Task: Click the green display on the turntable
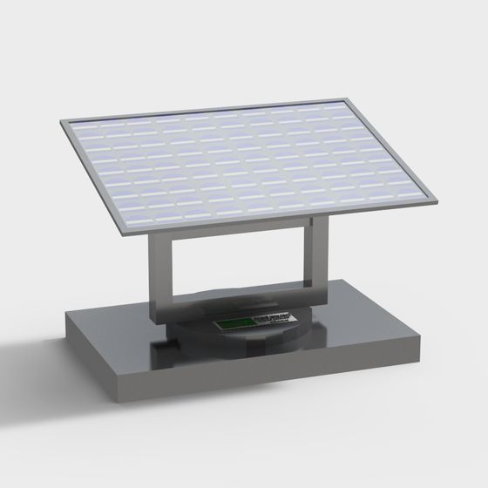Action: (x=233, y=325)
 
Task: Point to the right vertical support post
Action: (x=315, y=261)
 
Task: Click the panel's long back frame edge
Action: (x=209, y=108)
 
